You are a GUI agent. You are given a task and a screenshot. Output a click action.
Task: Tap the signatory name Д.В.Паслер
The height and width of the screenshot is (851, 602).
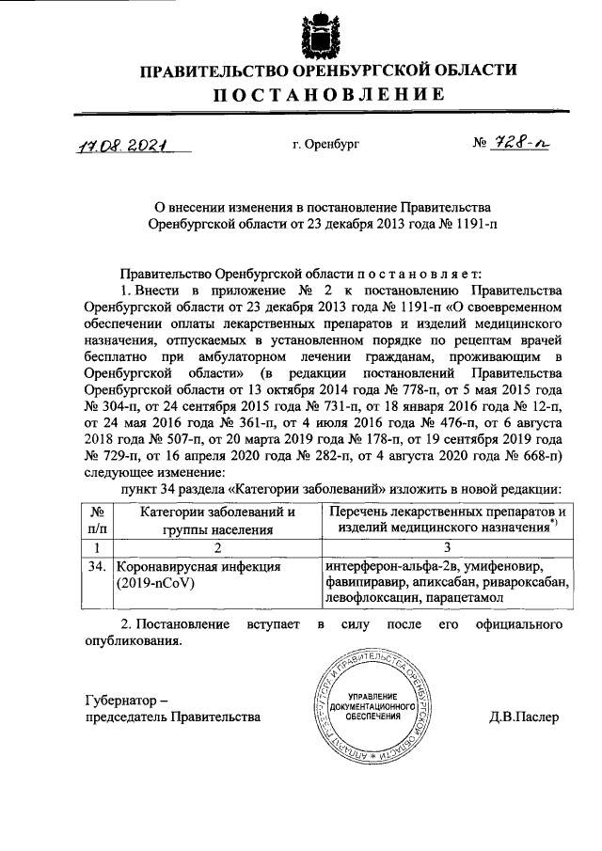(x=524, y=717)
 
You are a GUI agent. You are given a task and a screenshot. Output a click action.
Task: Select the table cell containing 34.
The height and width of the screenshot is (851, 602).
(x=95, y=568)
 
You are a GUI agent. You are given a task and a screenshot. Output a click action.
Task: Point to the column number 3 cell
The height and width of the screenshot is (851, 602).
(x=447, y=547)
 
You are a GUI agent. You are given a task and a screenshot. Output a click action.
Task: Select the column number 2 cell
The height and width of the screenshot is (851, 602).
(x=216, y=547)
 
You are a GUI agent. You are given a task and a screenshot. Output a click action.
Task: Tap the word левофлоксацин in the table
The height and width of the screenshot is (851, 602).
(x=369, y=597)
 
